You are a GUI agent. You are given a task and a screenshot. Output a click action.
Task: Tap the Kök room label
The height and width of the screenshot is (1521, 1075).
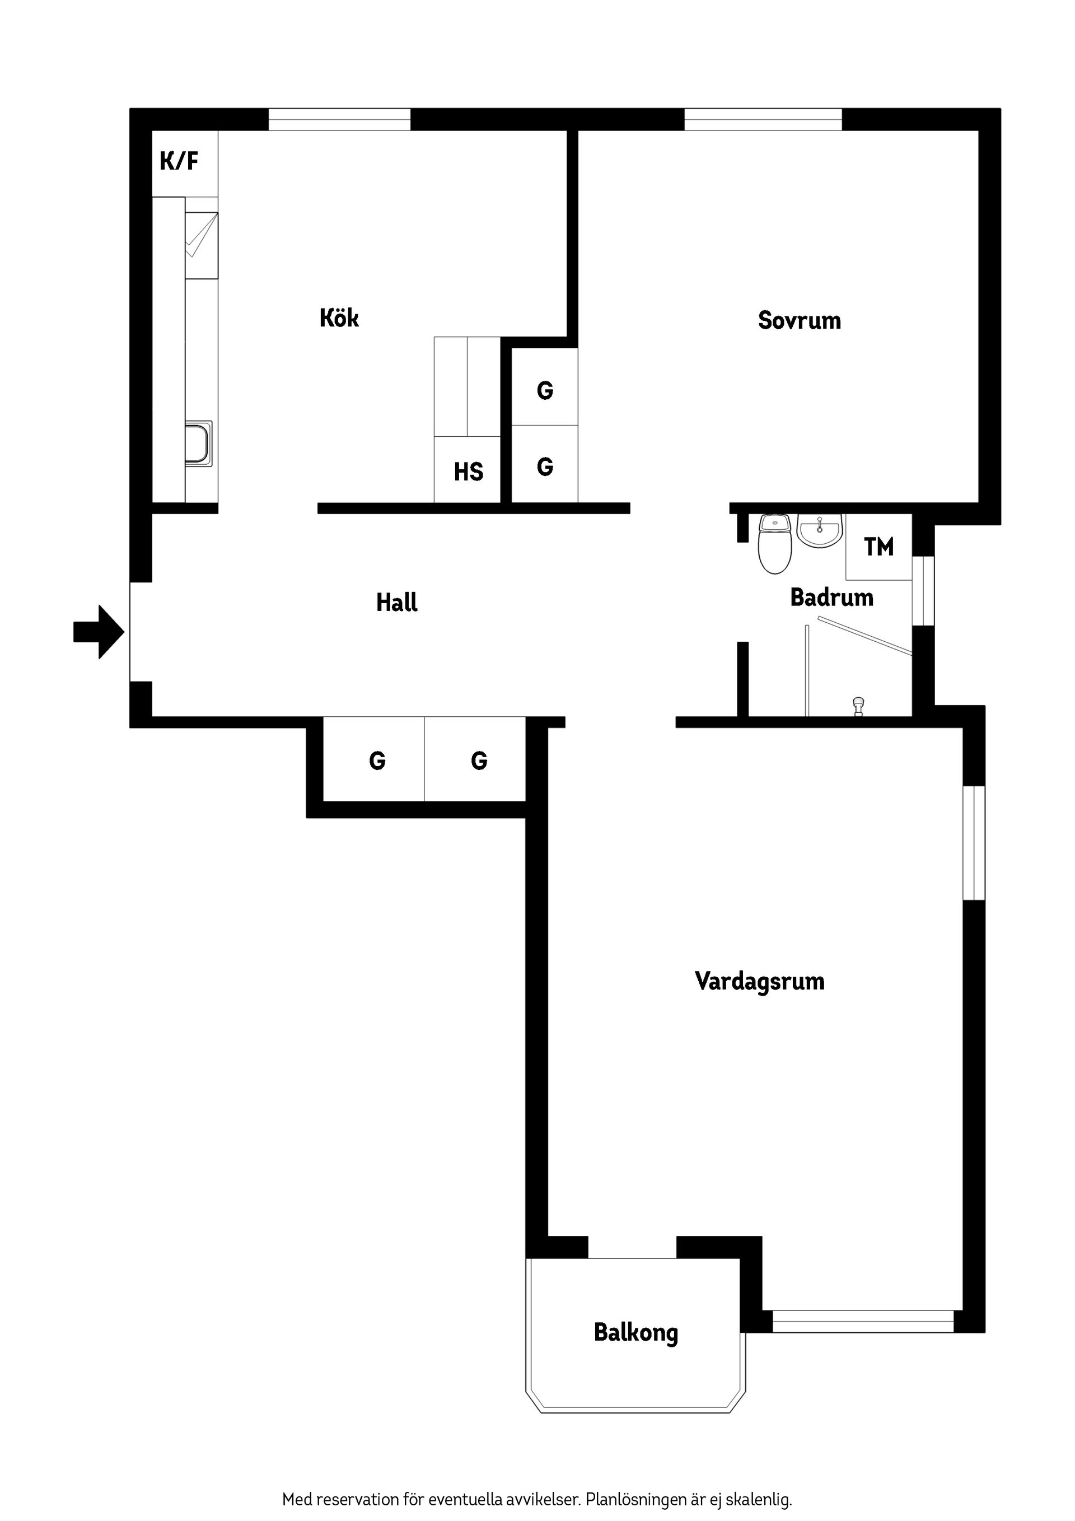pos(339,318)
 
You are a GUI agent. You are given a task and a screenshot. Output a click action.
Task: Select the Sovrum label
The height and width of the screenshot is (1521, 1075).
pos(800,321)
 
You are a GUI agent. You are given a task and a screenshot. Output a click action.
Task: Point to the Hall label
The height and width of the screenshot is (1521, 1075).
pos(397,602)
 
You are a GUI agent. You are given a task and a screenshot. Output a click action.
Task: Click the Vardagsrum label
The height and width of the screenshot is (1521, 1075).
pos(760,981)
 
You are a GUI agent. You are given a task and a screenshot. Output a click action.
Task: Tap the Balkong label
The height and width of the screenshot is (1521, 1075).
pos(636,1332)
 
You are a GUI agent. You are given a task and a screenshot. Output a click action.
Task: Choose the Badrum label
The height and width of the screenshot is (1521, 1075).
pos(831,598)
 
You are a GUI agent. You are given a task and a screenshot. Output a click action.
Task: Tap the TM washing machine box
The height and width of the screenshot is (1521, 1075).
pos(879,547)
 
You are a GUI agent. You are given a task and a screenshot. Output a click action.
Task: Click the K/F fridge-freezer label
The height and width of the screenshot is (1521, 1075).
pos(179,161)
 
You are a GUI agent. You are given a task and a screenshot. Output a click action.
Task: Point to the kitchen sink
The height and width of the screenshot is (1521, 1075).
pos(198,443)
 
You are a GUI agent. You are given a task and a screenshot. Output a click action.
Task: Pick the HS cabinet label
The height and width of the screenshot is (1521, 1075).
pos(468,472)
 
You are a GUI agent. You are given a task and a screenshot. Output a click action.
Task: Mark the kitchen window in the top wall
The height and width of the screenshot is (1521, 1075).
pos(339,120)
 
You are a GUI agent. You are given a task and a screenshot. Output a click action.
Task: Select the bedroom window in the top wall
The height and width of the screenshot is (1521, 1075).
pos(763,120)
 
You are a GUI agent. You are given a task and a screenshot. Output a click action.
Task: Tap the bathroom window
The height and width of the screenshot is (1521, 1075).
pos(923,590)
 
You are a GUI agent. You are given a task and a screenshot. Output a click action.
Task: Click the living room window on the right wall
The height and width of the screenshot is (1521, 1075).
pos(974,843)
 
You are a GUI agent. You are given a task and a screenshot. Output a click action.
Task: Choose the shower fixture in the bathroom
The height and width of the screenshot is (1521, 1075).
pos(858,706)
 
